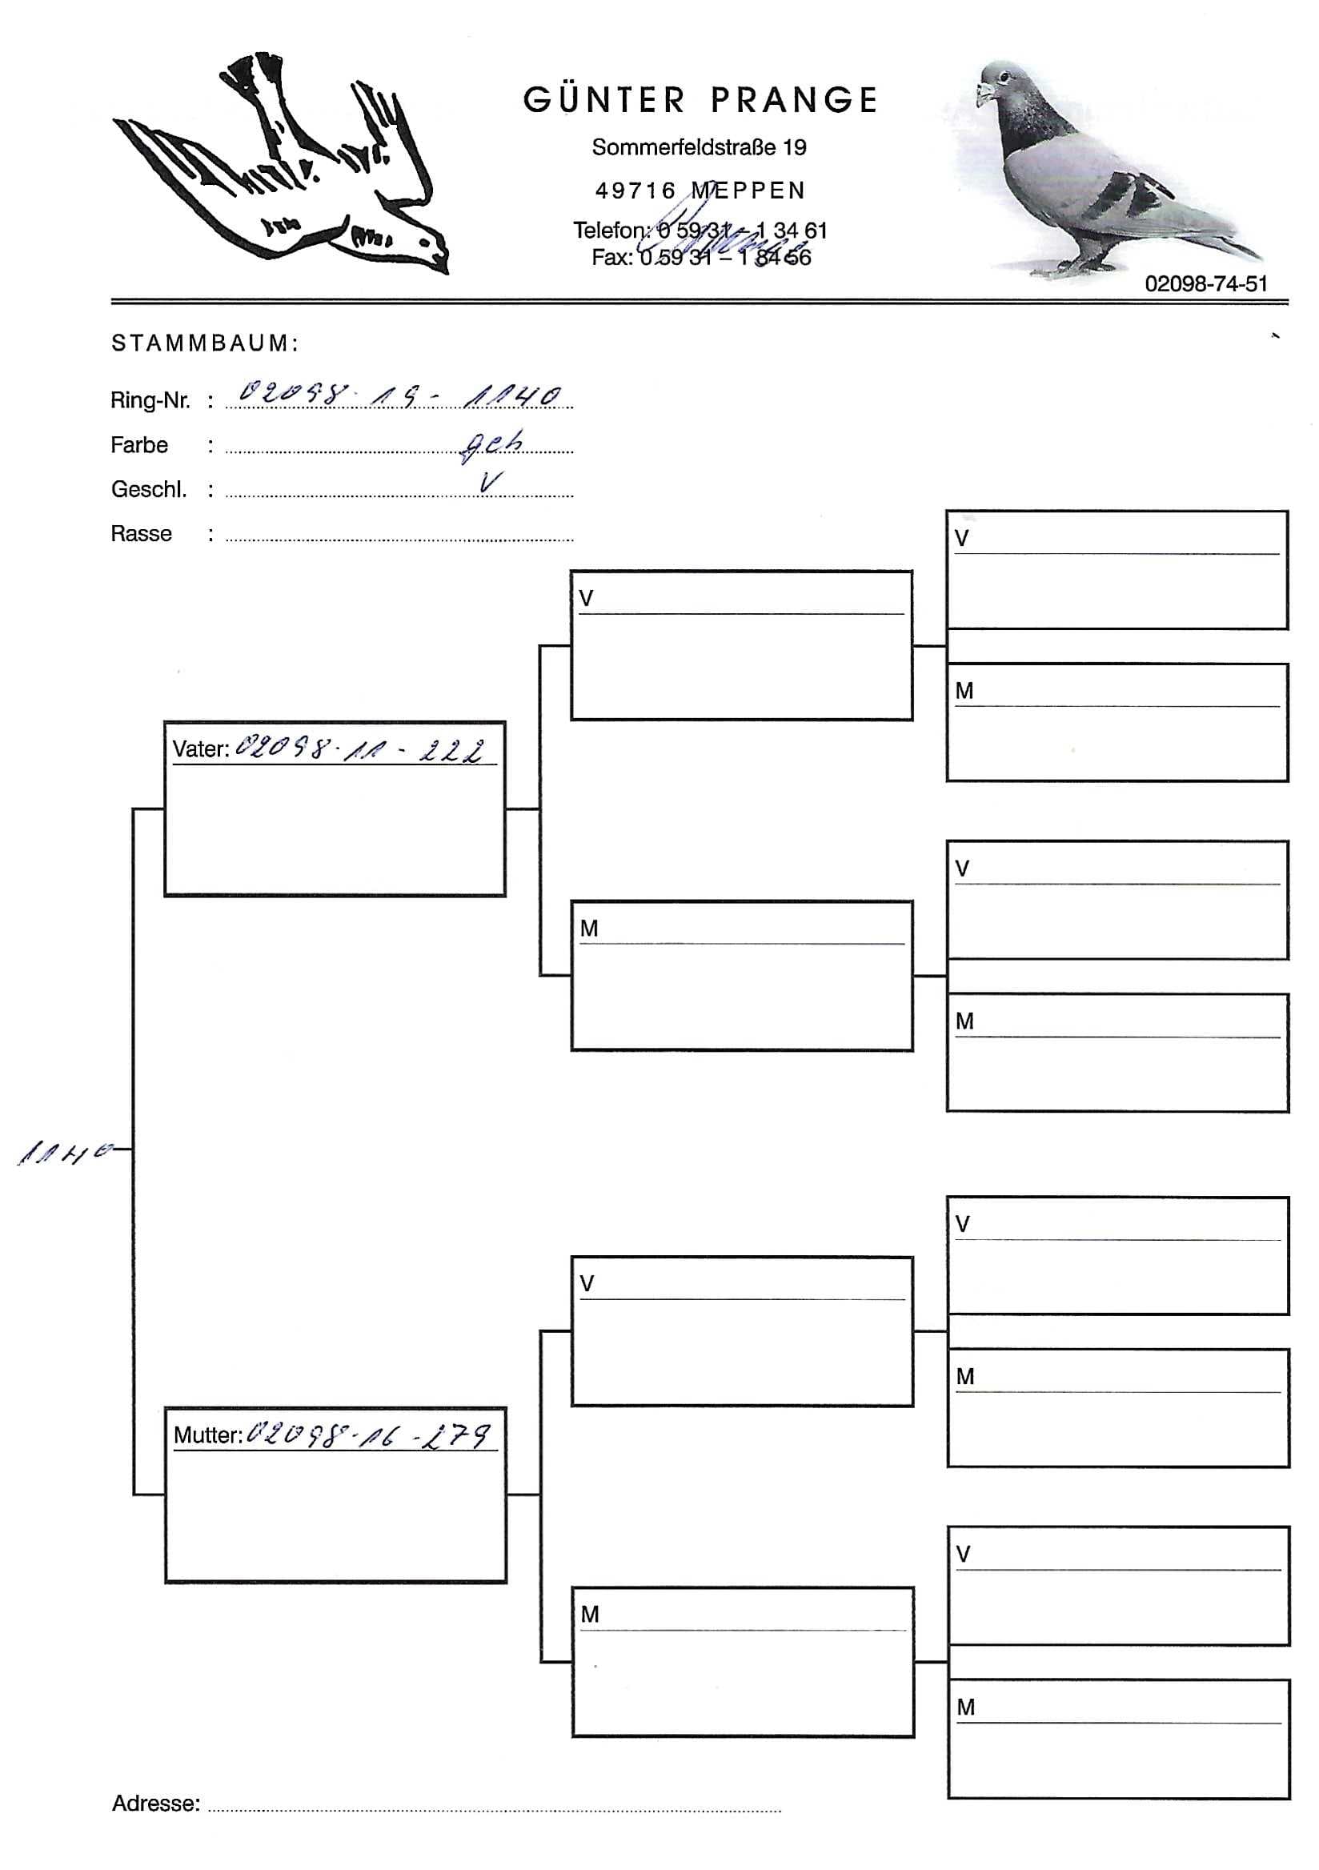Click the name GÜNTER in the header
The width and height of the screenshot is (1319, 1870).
[x=604, y=100]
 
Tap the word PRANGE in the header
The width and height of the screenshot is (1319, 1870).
[x=794, y=100]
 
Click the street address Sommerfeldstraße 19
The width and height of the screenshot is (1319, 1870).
[x=699, y=147]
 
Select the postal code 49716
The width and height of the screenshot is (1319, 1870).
[x=635, y=191]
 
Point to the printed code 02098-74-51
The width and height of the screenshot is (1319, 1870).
[x=1205, y=283]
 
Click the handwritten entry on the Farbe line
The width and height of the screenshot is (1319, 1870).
[x=491, y=443]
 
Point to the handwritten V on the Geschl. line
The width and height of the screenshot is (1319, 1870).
[x=489, y=482]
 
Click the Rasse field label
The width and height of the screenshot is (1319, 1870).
[x=142, y=533]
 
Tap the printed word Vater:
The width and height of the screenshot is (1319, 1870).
[x=200, y=749]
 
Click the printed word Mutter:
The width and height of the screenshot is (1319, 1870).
[x=207, y=1435]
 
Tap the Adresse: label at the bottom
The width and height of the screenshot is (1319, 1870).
[x=155, y=1804]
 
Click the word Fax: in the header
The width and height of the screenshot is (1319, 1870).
[x=611, y=258]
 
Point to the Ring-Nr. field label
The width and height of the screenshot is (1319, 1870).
[x=150, y=401]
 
